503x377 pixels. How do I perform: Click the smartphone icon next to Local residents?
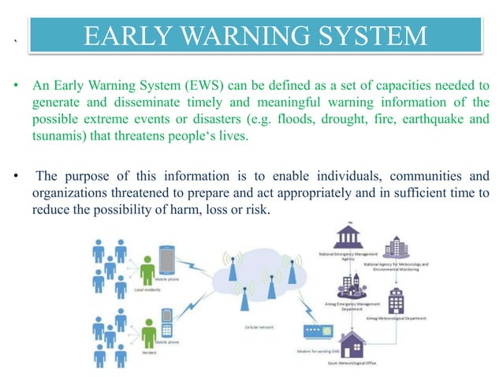167,260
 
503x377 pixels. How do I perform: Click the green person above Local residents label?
147,272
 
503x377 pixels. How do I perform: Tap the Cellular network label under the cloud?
251,324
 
